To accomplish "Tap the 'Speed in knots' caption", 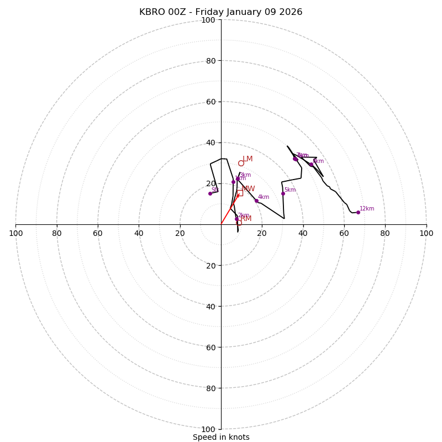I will pyautogui.click(x=221, y=437).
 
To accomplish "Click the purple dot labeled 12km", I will pyautogui.click(x=358, y=212).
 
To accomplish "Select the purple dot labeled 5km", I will pyautogui.click(x=283, y=193).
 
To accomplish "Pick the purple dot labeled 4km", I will pyautogui.click(x=256, y=201).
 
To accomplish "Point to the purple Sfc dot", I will pyautogui.click(x=210, y=193).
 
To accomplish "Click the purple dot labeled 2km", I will pyautogui.click(x=236, y=219).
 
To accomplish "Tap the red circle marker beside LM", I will pyautogui.click(x=241, y=163).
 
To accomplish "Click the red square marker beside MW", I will pyautogui.click(x=240, y=193).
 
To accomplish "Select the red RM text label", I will pyautogui.click(x=246, y=218).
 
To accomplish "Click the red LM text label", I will pyautogui.click(x=248, y=159).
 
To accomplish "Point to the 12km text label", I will pyautogui.click(x=367, y=209).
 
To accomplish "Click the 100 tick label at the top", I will pyautogui.click(x=208, y=20).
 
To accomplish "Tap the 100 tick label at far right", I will pyautogui.click(x=426, y=233).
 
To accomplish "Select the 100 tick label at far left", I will pyautogui.click(x=16, y=233).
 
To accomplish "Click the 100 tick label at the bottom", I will pyautogui.click(x=208, y=429).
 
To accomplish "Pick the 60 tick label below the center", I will pyautogui.click(x=211, y=347).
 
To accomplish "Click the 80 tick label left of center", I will pyautogui.click(x=57, y=233).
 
